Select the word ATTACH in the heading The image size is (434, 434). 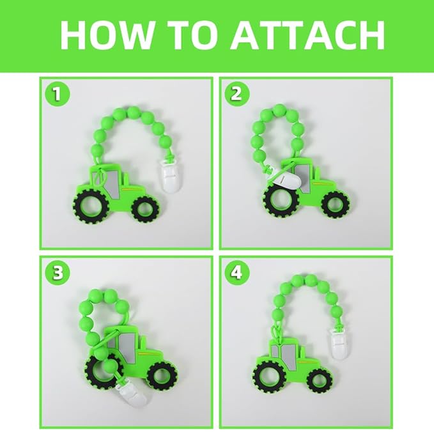pos(307,35)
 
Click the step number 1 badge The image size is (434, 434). pos(58,95)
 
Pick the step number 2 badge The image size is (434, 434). pos(236,95)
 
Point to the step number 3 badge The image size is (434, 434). pos(58,273)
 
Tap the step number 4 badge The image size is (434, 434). pos(236,273)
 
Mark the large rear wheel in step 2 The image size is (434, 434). pos(281,200)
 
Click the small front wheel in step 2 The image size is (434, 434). pos(336,205)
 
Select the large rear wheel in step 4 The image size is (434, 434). pos(270,378)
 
